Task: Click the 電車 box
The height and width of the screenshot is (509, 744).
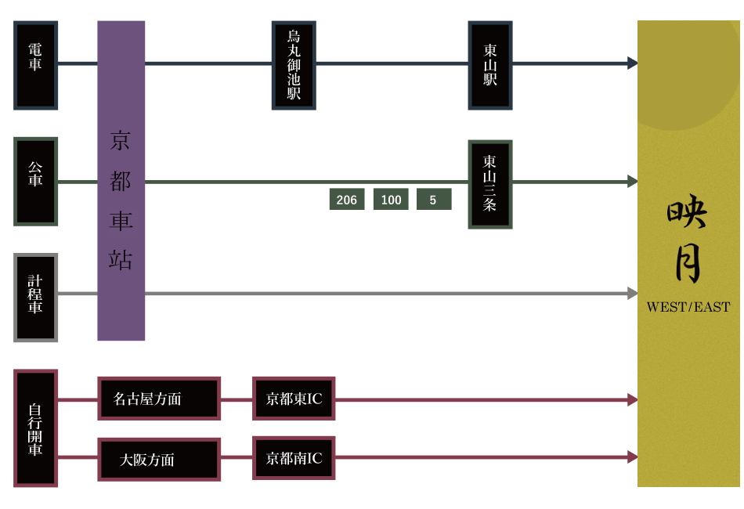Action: point(35,65)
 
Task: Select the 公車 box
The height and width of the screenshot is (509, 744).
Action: point(35,181)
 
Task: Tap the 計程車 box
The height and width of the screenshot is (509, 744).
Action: point(35,297)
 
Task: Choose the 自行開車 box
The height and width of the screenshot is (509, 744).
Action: point(35,428)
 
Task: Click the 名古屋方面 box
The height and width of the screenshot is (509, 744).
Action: point(159,399)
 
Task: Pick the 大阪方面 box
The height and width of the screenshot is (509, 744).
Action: point(159,460)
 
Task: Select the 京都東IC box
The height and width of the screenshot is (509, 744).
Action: point(294,399)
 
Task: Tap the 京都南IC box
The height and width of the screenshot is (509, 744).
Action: point(294,458)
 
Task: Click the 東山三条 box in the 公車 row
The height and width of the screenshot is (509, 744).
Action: point(489,184)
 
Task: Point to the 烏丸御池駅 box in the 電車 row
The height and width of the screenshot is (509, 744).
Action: point(294,65)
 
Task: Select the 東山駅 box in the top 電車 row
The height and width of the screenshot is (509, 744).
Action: point(489,65)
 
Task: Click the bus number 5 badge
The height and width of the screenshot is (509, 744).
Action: point(433,200)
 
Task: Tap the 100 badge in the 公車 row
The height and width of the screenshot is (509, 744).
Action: point(391,200)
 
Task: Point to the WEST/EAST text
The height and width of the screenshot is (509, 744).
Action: point(688,307)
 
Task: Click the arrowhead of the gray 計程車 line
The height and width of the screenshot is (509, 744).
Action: point(633,294)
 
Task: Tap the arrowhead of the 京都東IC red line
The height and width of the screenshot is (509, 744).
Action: point(633,399)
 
